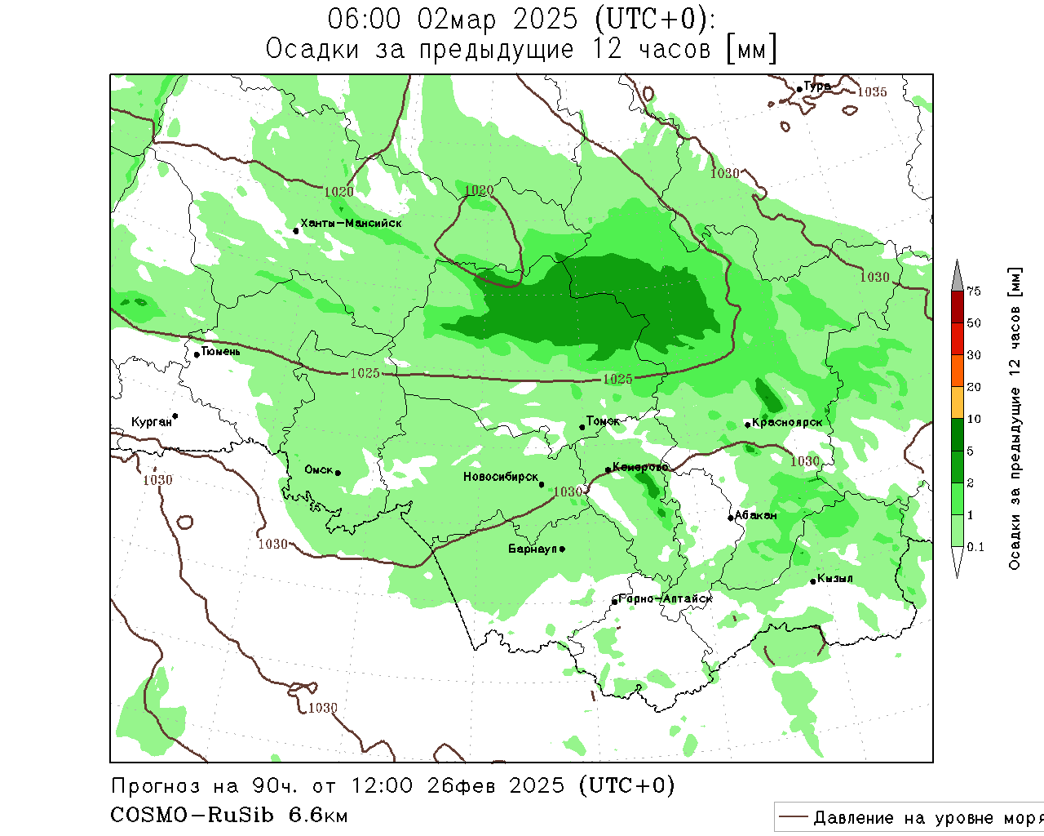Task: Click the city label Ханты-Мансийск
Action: pos(351,223)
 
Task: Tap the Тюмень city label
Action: pos(220,352)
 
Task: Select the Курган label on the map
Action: pos(152,422)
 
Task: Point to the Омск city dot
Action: pos(338,473)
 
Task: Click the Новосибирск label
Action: pos(501,477)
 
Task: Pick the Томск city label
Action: pos(603,421)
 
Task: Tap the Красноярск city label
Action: pos(787,422)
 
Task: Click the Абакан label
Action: pos(756,515)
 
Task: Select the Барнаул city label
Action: pos(532,549)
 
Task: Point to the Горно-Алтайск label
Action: pos(666,598)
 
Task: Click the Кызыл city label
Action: pos(835,579)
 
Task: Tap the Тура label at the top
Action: pos(817,86)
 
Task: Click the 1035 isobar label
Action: pos(872,92)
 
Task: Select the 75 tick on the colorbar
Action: pos(974,291)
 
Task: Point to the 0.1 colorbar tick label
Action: pos(975,547)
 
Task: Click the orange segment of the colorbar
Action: pos(958,371)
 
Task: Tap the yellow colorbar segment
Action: pos(958,402)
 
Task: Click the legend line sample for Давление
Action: pos(793,817)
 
